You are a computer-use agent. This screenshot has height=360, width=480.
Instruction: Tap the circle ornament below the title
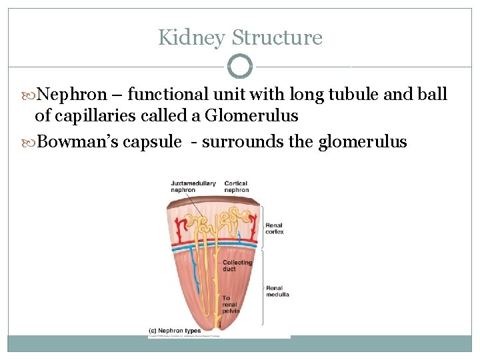[x=240, y=66]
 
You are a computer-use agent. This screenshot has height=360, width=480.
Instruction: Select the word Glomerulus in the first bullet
[x=251, y=116]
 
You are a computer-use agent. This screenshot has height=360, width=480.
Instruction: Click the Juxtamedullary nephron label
[x=193, y=187]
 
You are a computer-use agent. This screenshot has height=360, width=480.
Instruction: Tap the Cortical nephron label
[x=237, y=187]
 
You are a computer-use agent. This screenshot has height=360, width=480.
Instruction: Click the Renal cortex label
[x=275, y=229]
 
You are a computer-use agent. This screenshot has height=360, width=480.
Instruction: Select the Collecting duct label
[x=237, y=265]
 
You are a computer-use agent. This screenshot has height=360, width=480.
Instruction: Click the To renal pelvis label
[x=231, y=305]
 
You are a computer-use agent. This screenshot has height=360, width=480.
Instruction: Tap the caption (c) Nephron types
[x=175, y=330]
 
